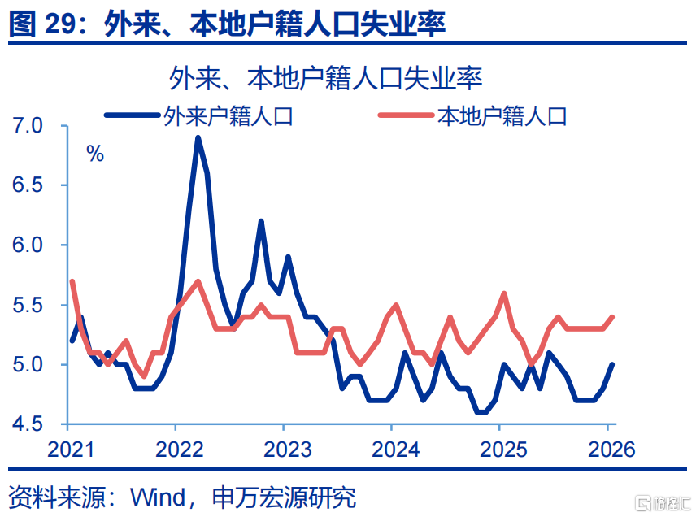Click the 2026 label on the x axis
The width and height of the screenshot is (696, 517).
click(607, 450)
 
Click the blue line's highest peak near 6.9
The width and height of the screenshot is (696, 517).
click(198, 138)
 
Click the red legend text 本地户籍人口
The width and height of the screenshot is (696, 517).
click(502, 116)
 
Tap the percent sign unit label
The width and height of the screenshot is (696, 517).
click(95, 154)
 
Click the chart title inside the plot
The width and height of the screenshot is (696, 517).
click(325, 79)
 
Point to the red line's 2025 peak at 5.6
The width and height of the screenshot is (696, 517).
click(505, 293)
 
